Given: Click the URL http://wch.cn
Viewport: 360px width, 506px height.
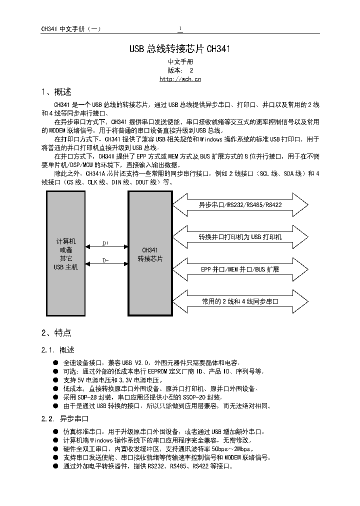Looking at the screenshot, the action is pos(180,79).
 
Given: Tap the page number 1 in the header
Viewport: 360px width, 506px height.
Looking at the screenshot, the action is pos(180,28).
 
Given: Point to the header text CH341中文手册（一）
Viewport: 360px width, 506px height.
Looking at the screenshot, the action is pos(71,29).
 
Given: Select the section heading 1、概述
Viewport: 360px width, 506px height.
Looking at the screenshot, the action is pos(56,92).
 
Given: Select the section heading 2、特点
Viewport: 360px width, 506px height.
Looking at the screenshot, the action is pos(56,332).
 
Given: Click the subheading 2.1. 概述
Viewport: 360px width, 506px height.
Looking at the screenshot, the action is pos(58,349).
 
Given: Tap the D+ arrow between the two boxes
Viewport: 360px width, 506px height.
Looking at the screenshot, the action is pos(106,246).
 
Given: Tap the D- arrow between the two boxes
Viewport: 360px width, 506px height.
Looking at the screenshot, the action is pos(106,264).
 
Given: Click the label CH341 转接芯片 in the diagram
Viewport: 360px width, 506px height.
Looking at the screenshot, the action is pos(150,254).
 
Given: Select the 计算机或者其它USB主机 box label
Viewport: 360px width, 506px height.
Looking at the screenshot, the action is pos(66,254).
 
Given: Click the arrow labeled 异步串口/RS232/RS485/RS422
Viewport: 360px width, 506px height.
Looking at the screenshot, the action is pos(240,205).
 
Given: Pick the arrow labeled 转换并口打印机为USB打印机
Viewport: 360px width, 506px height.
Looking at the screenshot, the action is pos(240,237).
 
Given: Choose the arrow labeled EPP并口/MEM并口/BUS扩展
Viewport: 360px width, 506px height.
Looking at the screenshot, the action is pos(240,269).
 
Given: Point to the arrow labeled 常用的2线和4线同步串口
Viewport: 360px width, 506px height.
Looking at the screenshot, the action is pos(240,301).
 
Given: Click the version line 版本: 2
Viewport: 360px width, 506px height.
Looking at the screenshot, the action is pos(180,70).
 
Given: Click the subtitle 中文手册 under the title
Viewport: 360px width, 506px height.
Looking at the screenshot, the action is pos(180,61).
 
